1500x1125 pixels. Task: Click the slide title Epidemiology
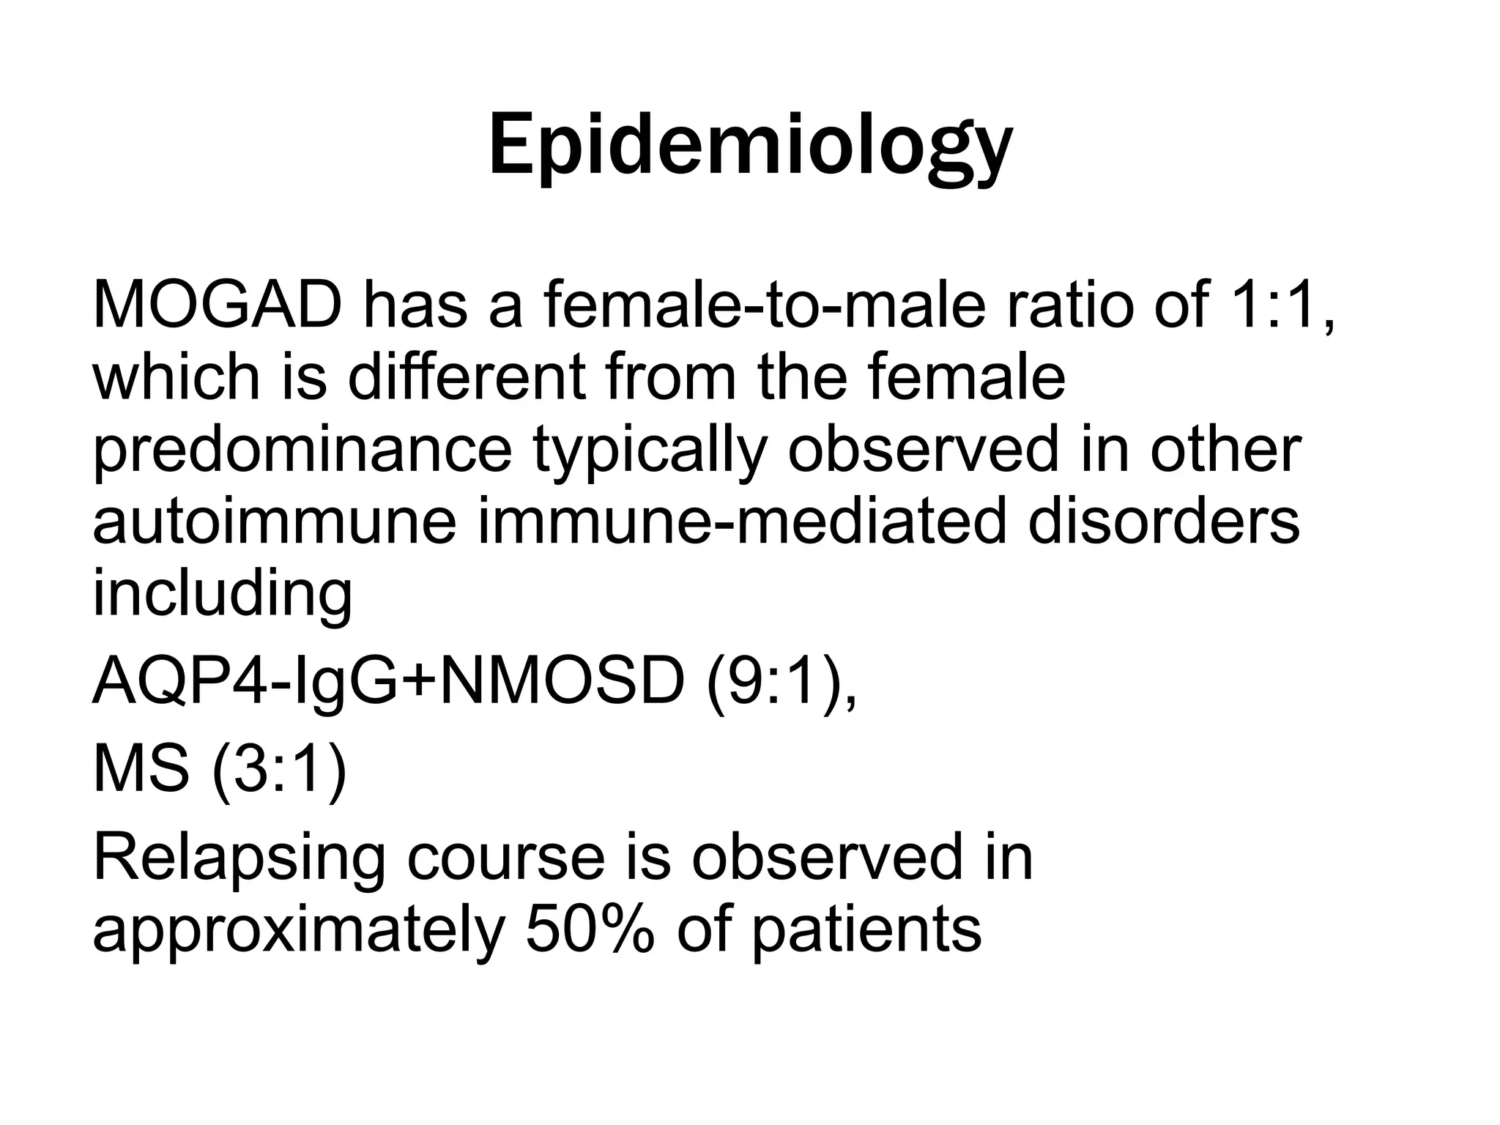[750, 146]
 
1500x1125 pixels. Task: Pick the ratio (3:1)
[279, 771]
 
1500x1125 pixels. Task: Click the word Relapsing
[239, 858]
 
